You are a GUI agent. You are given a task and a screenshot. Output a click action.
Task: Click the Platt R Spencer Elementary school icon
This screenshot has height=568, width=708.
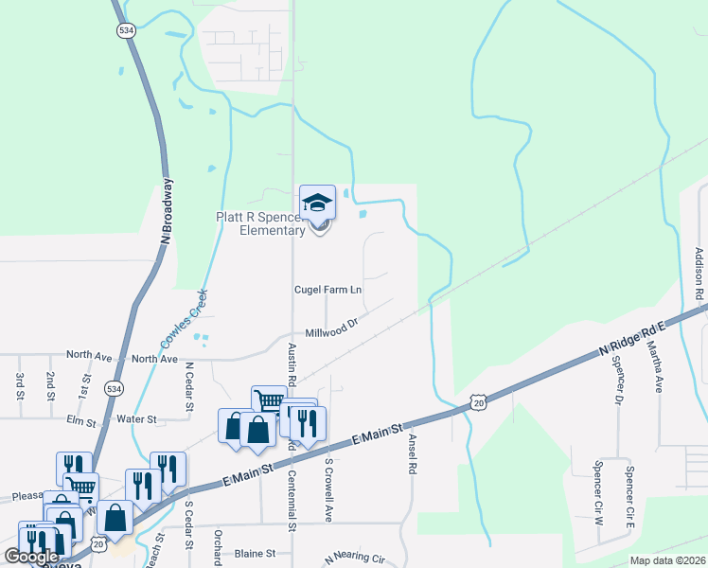pyautogui.click(x=317, y=203)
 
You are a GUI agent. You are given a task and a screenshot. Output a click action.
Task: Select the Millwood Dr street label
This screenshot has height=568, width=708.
pyautogui.click(x=330, y=333)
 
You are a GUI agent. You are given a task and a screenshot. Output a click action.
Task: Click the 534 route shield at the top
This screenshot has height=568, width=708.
pyautogui.click(x=126, y=31)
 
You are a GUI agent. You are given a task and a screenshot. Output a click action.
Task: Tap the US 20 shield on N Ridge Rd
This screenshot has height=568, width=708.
pyautogui.click(x=477, y=402)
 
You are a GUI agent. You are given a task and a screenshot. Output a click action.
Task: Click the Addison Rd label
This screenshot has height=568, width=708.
pyautogui.click(x=699, y=275)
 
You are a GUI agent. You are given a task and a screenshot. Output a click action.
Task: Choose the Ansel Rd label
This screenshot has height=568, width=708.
pyautogui.click(x=412, y=454)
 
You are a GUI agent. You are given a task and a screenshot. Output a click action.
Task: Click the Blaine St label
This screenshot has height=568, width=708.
pyautogui.click(x=254, y=553)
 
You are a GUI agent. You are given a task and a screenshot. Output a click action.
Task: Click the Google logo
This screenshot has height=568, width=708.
pyautogui.click(x=31, y=557)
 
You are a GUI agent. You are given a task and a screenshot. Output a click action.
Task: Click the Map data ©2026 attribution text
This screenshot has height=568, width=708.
pyautogui.click(x=666, y=560)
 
